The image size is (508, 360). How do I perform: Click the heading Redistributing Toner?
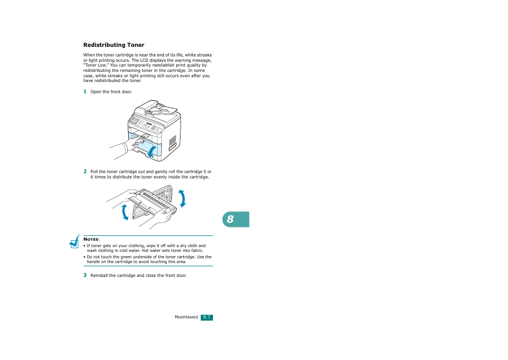click(x=113, y=45)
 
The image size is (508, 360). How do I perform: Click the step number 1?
click(x=84, y=92)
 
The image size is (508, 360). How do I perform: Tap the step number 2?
click(x=84, y=171)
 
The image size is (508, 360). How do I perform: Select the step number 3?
click(x=84, y=275)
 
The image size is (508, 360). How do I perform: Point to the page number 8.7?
click(x=207, y=317)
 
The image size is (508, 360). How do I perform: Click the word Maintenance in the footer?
click(x=186, y=317)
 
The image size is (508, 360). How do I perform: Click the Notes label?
click(x=92, y=240)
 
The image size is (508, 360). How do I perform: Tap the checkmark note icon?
click(x=74, y=243)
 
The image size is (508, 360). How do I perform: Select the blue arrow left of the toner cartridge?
click(x=125, y=211)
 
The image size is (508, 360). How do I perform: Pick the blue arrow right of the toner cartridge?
click(x=183, y=198)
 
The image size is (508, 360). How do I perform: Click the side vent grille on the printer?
click(x=172, y=141)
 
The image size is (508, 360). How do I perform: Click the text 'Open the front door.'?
click(x=111, y=92)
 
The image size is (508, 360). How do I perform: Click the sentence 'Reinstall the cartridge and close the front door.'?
click(x=138, y=275)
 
